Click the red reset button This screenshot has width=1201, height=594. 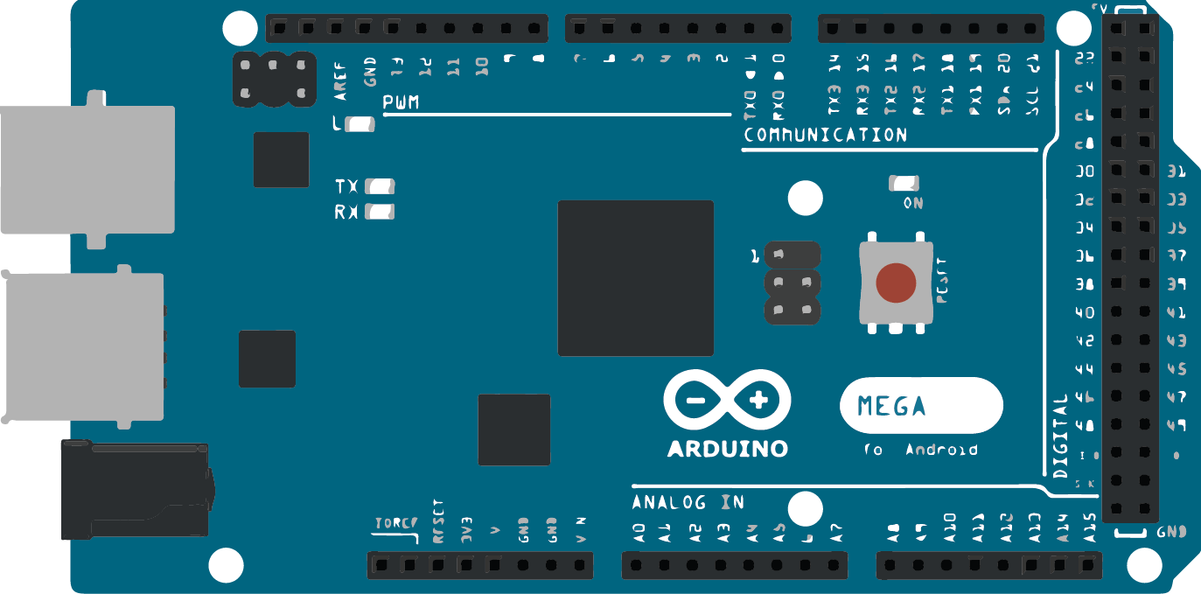pos(896,283)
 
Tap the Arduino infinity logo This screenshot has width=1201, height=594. pos(727,402)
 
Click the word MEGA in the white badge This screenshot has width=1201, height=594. pos(891,406)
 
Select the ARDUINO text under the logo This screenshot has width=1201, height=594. pos(727,449)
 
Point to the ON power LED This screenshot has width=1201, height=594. pos(904,184)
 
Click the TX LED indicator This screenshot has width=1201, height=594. pos(381,186)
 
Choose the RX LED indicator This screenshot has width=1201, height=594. pos(381,212)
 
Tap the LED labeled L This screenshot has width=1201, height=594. pos(360,124)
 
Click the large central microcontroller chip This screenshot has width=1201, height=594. pos(635,278)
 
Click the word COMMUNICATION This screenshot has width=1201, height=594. pos(825,136)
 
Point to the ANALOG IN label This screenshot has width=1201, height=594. pos(688,502)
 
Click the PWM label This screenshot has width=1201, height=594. pos(401,103)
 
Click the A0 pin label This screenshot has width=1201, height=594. pos(639,532)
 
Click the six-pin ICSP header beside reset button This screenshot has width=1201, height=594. pos(793,283)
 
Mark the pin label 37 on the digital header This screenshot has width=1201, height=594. pos(1177,256)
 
